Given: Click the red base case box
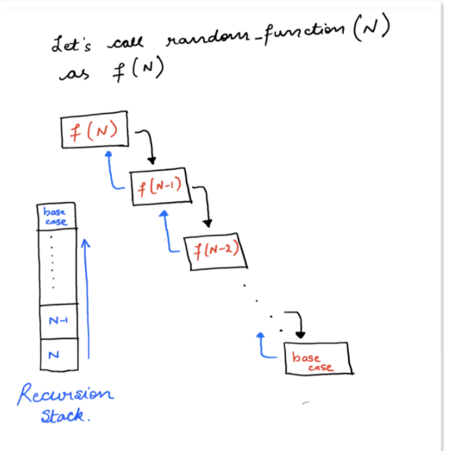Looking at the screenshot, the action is coord(317,359).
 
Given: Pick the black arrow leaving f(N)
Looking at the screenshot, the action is coord(148,143).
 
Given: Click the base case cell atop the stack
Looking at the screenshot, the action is coord(56,216).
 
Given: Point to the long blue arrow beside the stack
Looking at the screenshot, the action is coord(87,299).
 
